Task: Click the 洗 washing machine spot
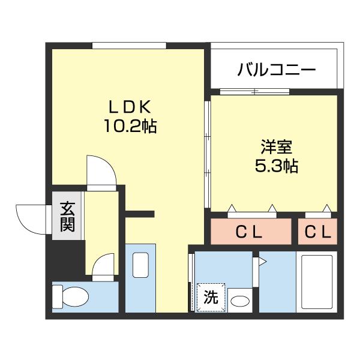click(209, 297)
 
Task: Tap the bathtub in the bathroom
click(316, 282)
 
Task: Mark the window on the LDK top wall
click(129, 46)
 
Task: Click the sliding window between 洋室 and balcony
click(255, 92)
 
